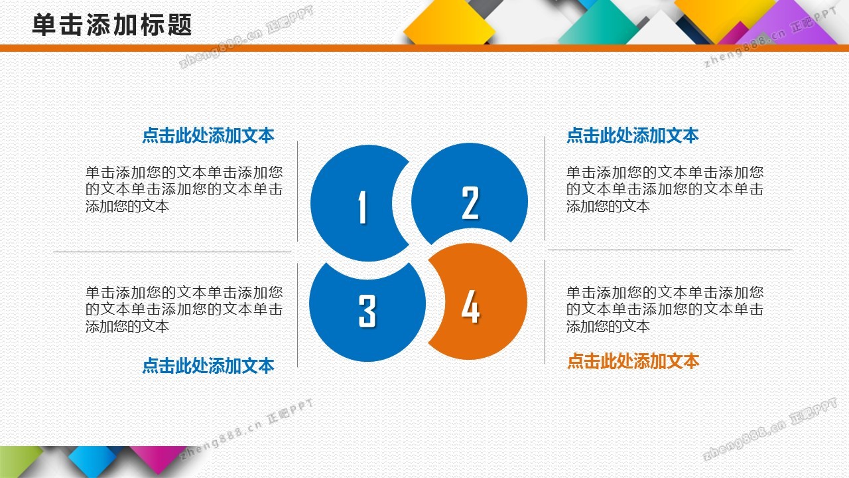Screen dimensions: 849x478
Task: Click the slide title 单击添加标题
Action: point(112,25)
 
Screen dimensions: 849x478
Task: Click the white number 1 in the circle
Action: point(363,206)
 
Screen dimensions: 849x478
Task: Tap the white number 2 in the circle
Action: point(470,202)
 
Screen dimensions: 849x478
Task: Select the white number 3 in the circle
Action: point(367,311)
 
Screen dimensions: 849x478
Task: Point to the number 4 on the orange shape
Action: point(470,306)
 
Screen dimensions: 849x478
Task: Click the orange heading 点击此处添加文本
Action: point(633,360)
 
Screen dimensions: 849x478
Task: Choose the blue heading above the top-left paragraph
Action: point(208,135)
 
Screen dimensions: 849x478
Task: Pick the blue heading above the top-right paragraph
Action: point(633,135)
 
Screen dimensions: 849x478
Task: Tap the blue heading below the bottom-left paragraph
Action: point(208,366)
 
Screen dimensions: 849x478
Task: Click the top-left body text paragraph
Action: point(184,189)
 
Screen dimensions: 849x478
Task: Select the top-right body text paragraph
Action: point(665,189)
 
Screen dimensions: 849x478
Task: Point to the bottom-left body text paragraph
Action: point(184,309)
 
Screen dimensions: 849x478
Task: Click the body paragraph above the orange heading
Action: point(665,309)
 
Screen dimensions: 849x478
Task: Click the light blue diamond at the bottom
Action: point(93,461)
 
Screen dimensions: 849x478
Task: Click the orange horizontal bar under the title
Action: point(424,48)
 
